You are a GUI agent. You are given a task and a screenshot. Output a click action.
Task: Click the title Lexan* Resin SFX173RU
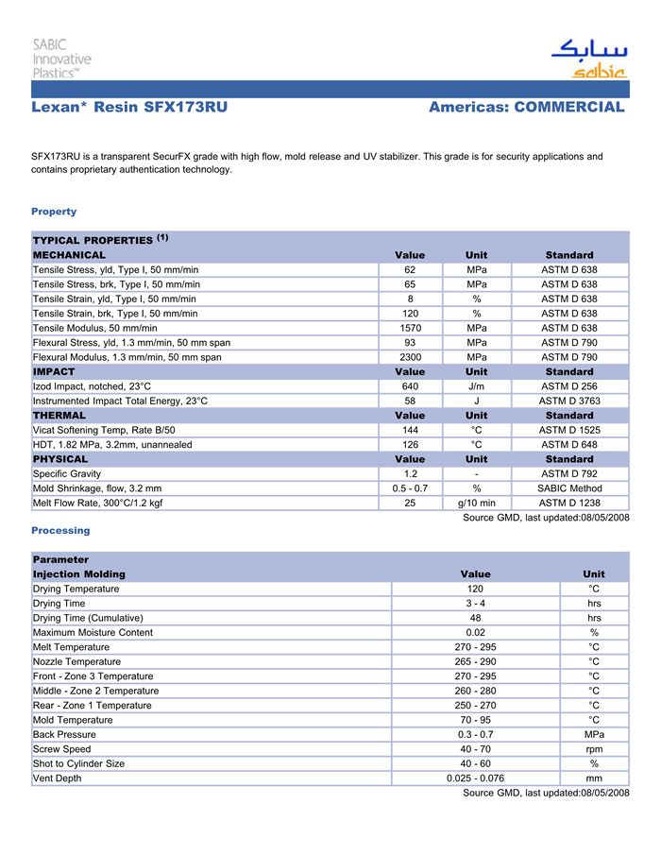(x=129, y=108)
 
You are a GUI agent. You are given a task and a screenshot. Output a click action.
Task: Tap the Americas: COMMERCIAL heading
(x=526, y=108)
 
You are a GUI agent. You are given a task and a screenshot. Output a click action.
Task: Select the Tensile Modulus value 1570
(x=410, y=328)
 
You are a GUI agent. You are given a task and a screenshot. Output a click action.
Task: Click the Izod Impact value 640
(x=410, y=386)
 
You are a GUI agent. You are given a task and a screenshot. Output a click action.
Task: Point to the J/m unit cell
(x=477, y=386)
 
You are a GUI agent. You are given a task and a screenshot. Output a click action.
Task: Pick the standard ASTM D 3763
(x=569, y=401)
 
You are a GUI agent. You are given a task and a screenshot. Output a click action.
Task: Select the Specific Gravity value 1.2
(x=410, y=473)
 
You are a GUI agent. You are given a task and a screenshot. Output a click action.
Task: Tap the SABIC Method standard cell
(x=569, y=488)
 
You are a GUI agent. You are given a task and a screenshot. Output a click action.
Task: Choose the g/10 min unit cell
(x=477, y=503)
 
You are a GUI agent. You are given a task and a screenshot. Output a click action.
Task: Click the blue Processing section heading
(x=60, y=531)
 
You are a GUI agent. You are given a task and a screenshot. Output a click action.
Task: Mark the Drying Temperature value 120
(x=475, y=589)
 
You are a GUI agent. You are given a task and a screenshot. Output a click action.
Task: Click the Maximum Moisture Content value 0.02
(x=475, y=632)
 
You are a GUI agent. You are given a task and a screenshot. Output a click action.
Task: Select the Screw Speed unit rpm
(x=594, y=749)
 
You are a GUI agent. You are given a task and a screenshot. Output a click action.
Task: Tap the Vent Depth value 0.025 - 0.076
(x=475, y=778)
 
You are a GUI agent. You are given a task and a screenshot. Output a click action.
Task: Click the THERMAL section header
(x=59, y=415)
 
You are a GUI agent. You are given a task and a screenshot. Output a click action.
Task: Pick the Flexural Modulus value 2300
(x=410, y=357)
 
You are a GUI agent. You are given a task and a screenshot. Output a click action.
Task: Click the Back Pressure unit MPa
(x=594, y=734)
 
